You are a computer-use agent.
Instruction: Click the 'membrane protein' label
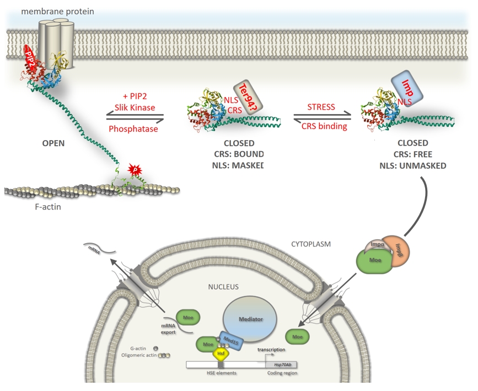tap(49, 12)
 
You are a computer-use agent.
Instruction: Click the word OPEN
tap(53, 143)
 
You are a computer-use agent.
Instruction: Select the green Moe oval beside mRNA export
tap(188, 318)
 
